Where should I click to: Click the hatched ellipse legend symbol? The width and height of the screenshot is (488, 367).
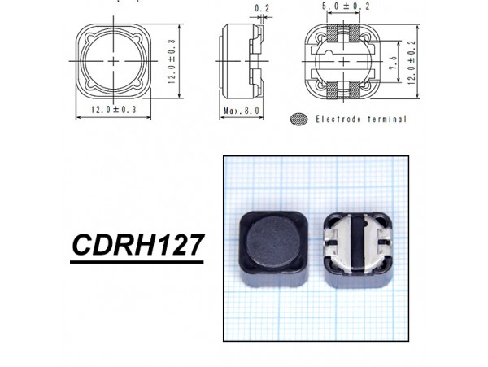[x=300, y=119]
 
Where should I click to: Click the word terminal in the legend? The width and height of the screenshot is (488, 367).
[x=386, y=119]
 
